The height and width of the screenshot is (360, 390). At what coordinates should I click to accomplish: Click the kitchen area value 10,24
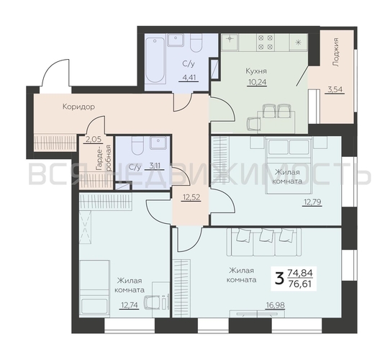click(257, 82)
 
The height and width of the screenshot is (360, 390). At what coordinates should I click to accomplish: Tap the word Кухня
click(256, 71)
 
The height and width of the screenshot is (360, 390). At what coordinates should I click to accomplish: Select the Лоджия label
click(336, 52)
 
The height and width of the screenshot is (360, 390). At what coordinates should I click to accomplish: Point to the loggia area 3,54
click(335, 89)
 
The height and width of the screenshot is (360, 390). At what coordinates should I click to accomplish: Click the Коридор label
click(78, 107)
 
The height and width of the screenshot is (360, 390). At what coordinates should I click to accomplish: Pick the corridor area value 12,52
click(191, 197)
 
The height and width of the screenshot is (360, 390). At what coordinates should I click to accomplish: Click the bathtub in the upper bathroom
click(155, 60)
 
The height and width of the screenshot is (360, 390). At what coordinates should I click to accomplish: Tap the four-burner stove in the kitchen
click(266, 42)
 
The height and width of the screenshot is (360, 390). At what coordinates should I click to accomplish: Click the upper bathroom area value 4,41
click(189, 78)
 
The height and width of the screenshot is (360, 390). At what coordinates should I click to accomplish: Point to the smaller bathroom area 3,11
click(155, 166)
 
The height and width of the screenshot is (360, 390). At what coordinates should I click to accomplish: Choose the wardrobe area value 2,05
click(94, 140)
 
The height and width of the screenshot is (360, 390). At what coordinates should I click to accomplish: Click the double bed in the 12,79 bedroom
click(289, 165)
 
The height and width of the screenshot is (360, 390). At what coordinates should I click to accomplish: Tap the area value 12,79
click(312, 202)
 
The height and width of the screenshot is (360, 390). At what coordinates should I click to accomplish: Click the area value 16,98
click(275, 305)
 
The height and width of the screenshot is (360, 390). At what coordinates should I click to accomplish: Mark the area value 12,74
click(129, 305)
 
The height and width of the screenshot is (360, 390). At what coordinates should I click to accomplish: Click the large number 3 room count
click(280, 279)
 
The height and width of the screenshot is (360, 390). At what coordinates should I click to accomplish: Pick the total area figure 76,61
click(300, 284)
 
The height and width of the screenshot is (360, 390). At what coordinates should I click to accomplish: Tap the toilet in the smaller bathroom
click(137, 145)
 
